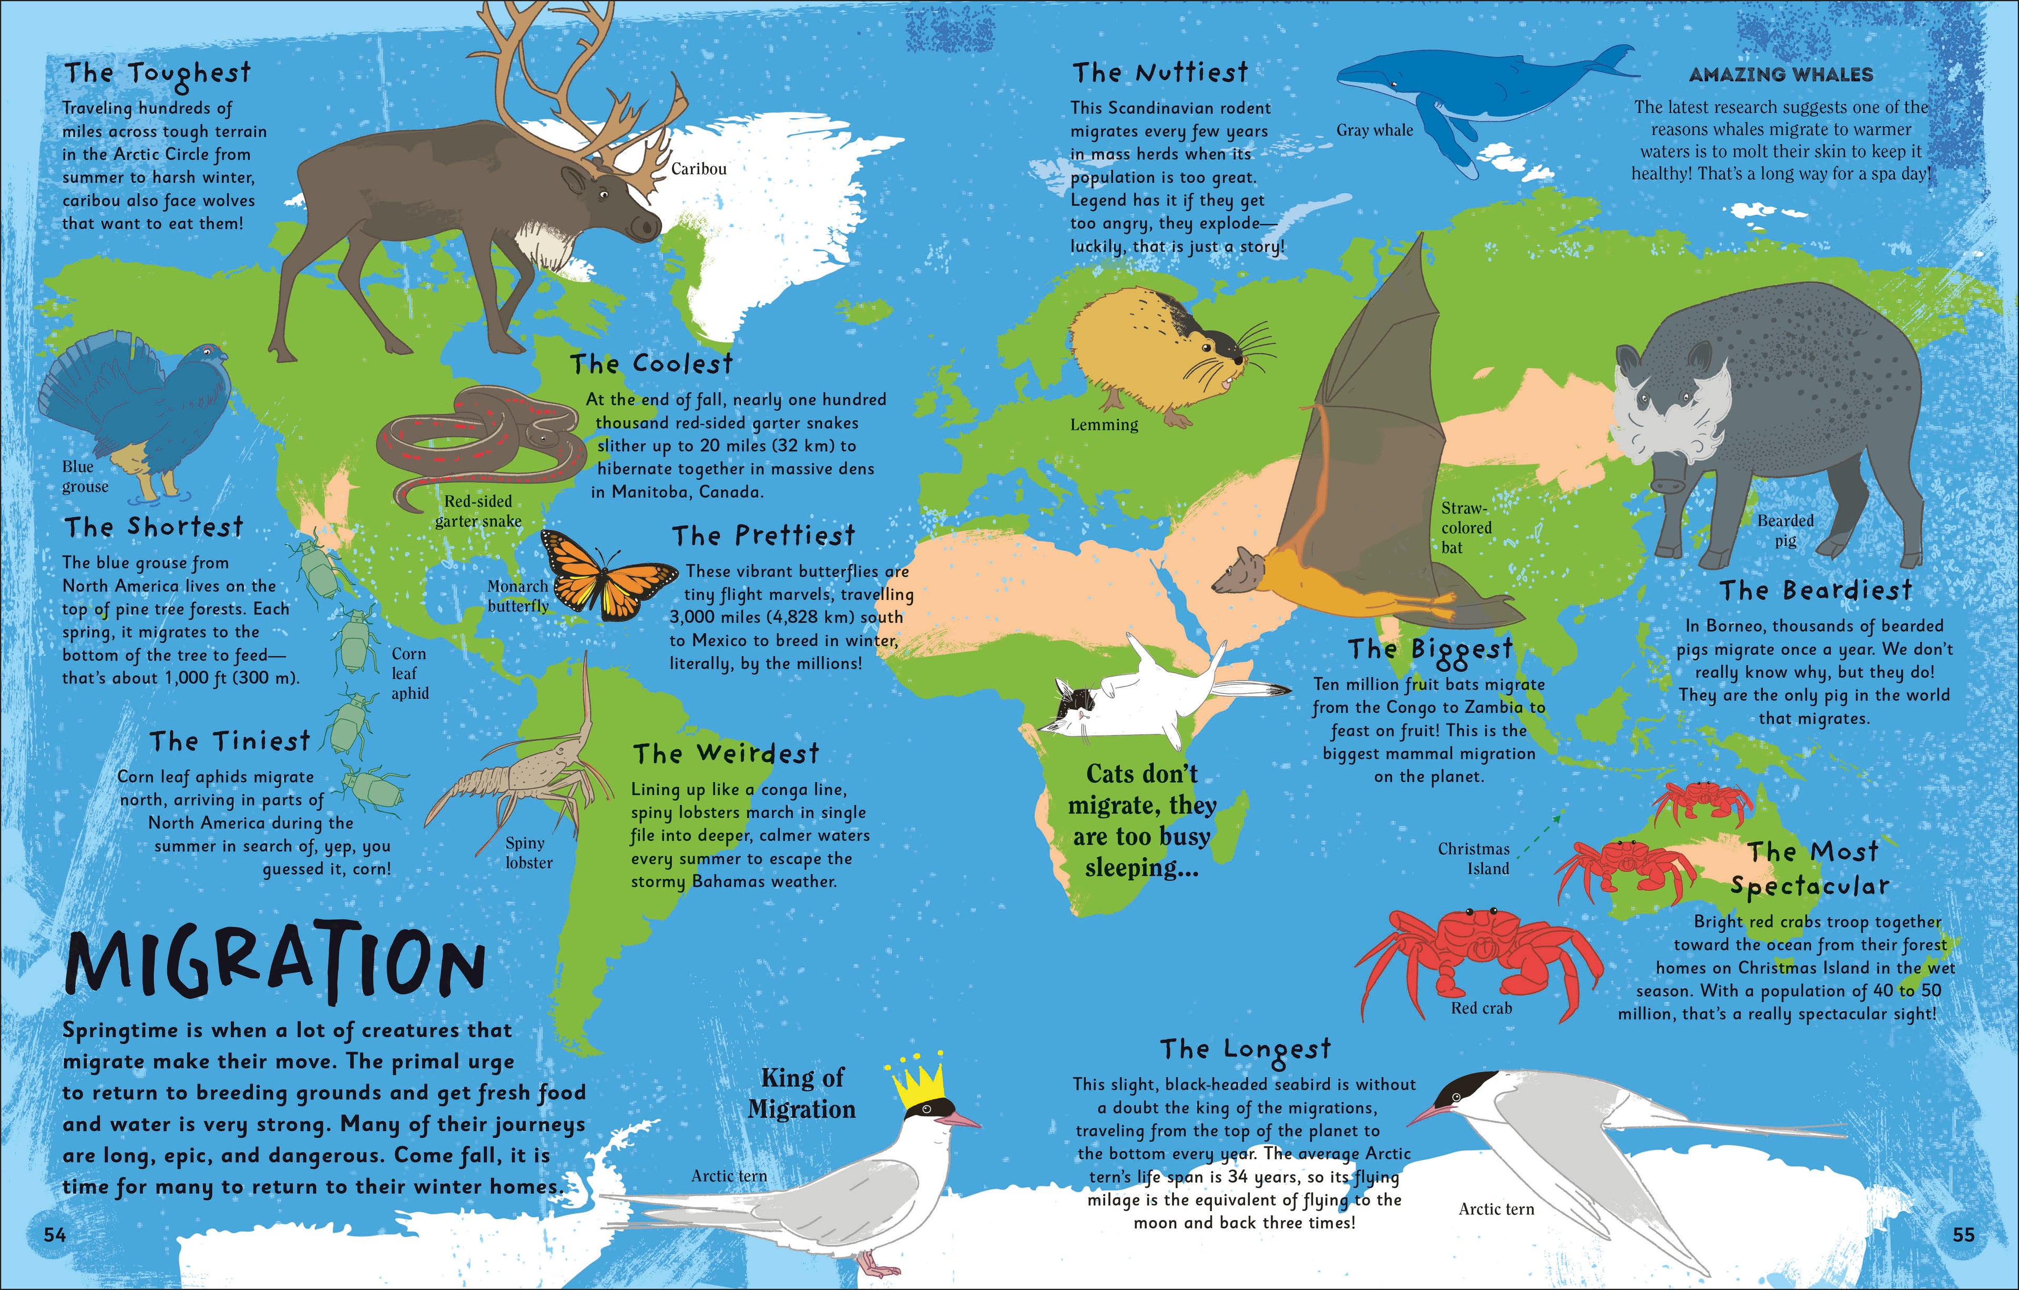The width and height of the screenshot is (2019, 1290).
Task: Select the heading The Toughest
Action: click(158, 74)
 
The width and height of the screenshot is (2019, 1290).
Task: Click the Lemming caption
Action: click(1104, 425)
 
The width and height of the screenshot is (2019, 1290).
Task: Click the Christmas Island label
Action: click(1473, 858)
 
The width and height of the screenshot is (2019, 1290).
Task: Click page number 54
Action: click(55, 1234)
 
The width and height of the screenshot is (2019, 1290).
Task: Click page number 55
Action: click(1964, 1234)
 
